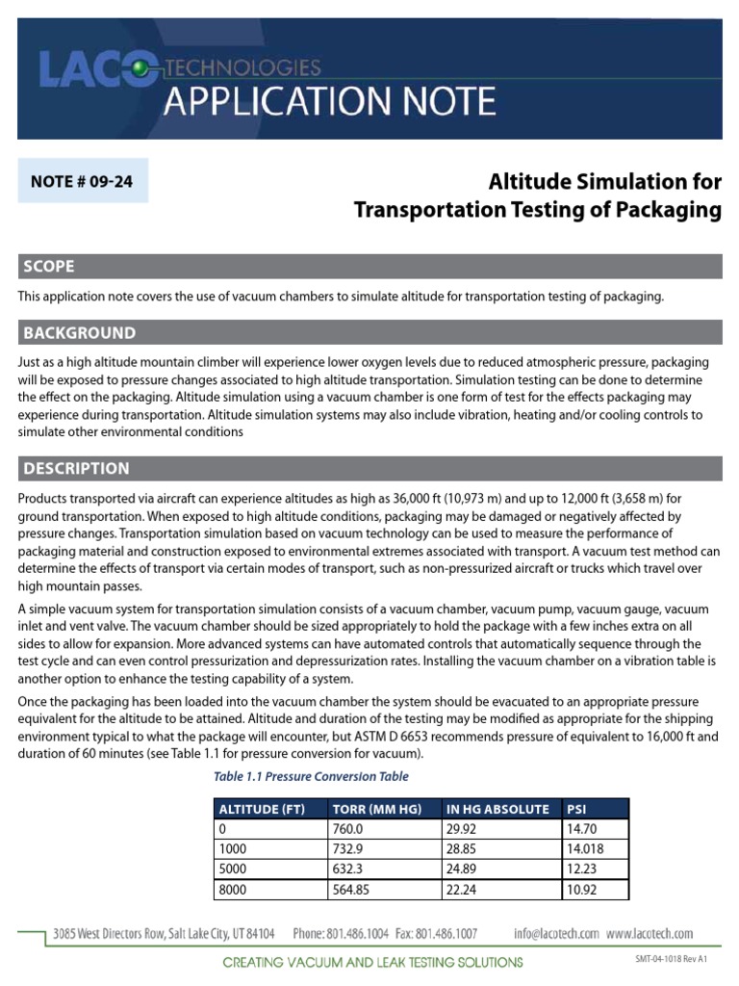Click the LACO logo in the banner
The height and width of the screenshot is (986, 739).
click(x=96, y=66)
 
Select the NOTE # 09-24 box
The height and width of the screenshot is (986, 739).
click(x=83, y=180)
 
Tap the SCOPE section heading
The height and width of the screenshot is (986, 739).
click(x=49, y=267)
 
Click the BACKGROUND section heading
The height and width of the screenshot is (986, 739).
click(x=80, y=333)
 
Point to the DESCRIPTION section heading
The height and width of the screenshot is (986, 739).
click(x=76, y=469)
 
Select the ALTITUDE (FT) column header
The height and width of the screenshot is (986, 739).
click(x=263, y=809)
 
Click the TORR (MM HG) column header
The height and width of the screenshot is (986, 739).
click(x=373, y=809)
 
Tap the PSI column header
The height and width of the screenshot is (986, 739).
click(x=577, y=809)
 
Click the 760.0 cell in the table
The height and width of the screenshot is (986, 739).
click(x=347, y=829)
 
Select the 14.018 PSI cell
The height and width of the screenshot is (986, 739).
click(x=587, y=849)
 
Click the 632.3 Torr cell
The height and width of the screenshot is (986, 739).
click(x=347, y=870)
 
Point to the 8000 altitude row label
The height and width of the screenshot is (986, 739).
click(x=234, y=891)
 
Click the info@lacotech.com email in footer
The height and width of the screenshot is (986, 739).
click(x=556, y=933)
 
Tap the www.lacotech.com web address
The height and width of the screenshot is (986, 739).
click(x=650, y=933)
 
